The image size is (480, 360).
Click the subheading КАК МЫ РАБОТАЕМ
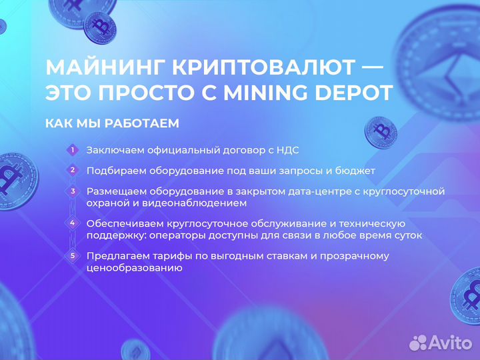tap(112, 124)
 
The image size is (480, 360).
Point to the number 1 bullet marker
tap(73, 150)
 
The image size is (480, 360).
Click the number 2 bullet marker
tap(73, 170)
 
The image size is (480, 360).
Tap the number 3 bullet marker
tap(73, 191)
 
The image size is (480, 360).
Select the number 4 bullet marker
tap(73, 223)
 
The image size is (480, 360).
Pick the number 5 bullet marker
tap(73, 255)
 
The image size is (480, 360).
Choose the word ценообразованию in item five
tap(134, 267)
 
